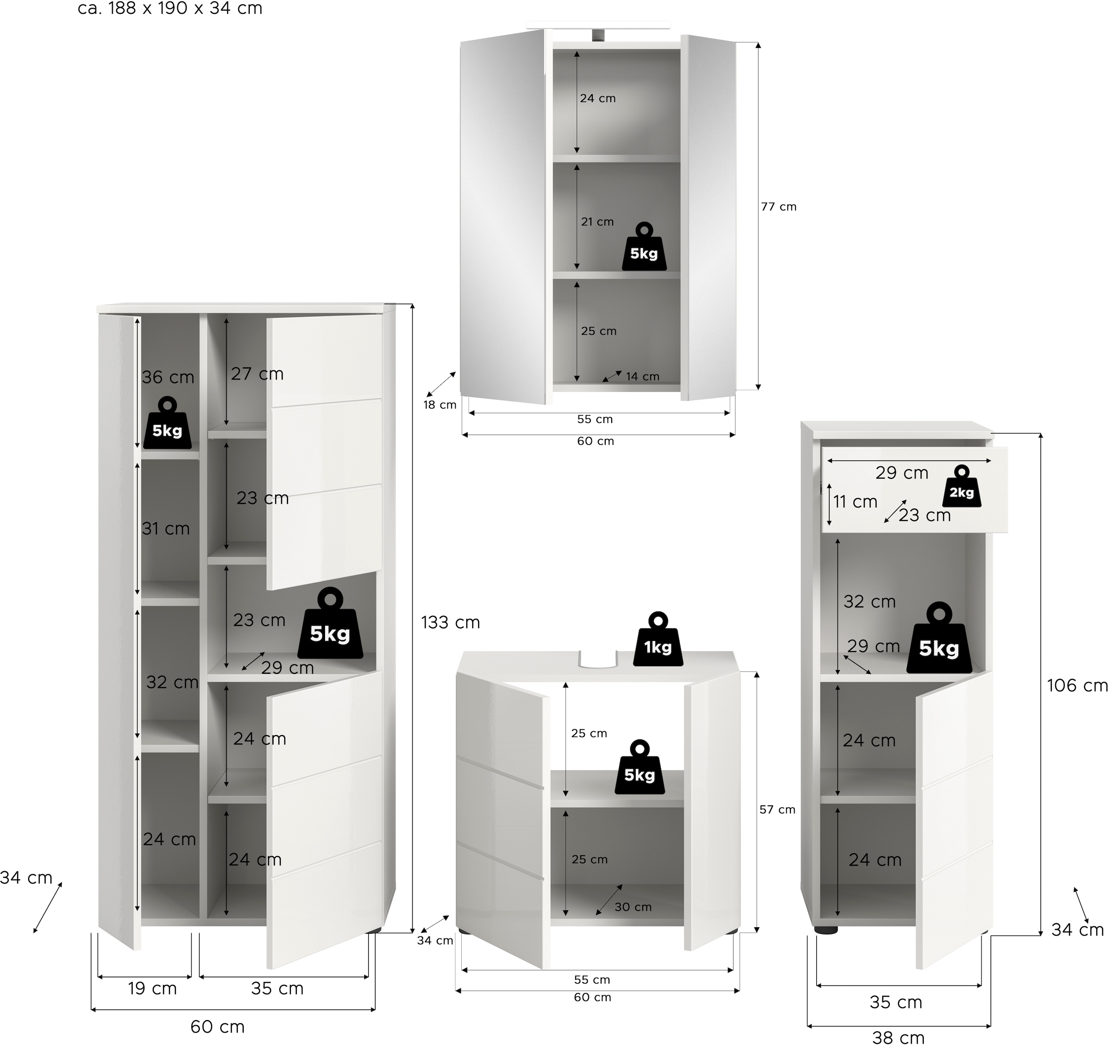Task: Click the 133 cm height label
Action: tap(450, 622)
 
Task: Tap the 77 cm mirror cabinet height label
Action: tap(779, 207)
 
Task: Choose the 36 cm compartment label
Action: tap(168, 377)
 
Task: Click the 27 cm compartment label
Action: tap(257, 374)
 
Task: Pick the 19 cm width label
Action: tap(152, 988)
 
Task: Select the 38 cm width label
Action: tap(898, 1037)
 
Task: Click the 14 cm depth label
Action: tap(642, 377)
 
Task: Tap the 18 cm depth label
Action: tap(440, 405)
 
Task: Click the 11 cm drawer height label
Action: tap(855, 501)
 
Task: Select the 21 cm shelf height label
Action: tap(597, 222)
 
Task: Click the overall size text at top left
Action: tap(170, 8)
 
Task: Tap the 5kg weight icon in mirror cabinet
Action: tap(644, 248)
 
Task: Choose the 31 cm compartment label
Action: tap(166, 528)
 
